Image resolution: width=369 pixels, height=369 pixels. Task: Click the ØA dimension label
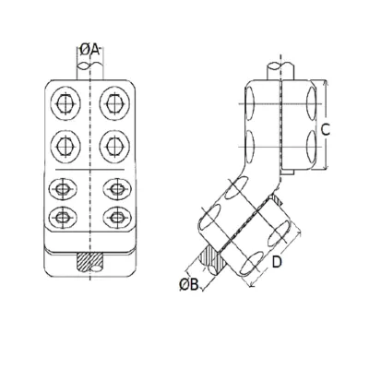point(89,49)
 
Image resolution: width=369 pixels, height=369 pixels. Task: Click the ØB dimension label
point(189,285)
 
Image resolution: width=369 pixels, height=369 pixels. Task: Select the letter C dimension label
point(325,130)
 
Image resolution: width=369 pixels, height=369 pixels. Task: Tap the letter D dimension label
point(277,262)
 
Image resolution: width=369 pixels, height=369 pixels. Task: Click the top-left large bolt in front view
point(65,102)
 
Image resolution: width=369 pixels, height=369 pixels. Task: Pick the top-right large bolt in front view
point(113,102)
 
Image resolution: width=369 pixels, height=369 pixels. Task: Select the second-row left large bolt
point(65,146)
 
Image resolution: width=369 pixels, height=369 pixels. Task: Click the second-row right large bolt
point(113,146)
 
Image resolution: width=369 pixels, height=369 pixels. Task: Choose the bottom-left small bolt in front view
point(63,217)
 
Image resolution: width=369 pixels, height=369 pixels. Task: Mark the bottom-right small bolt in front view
point(117,217)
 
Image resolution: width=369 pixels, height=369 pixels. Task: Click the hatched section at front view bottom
point(89,262)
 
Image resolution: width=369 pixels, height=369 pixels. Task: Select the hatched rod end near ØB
point(211,260)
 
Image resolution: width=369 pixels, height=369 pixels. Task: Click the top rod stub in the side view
point(280,71)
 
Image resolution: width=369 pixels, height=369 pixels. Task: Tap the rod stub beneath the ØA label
point(89,71)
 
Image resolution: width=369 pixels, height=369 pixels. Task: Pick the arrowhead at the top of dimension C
point(327,82)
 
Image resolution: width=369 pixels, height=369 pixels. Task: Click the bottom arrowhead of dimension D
point(252,285)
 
